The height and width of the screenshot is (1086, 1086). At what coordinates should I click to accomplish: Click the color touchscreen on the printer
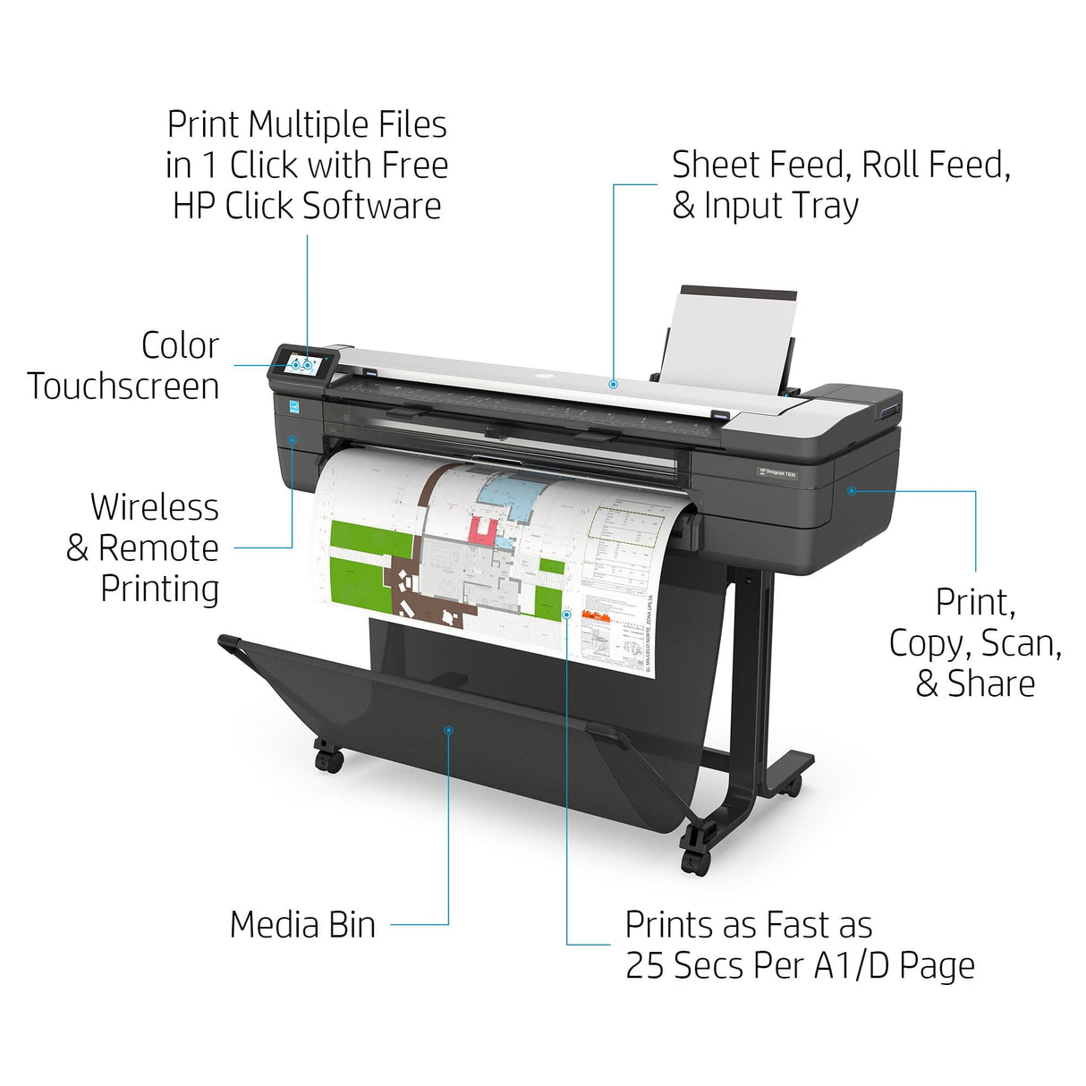(x=304, y=365)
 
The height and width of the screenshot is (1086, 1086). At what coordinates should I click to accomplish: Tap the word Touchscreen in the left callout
(x=123, y=386)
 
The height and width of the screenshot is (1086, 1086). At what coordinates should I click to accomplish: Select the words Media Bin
(x=302, y=925)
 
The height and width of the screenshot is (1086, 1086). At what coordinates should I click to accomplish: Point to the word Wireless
(x=155, y=507)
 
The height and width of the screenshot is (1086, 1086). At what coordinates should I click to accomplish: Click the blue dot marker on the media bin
(x=449, y=731)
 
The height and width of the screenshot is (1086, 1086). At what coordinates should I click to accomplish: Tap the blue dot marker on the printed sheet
(x=567, y=614)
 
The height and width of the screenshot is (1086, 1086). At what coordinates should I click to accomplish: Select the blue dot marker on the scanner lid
(x=613, y=384)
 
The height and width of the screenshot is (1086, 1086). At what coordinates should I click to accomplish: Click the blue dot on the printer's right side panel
(x=852, y=490)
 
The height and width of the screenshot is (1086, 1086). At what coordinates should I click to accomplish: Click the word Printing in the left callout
(x=159, y=589)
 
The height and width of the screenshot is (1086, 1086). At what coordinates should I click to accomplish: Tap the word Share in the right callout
(x=990, y=684)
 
